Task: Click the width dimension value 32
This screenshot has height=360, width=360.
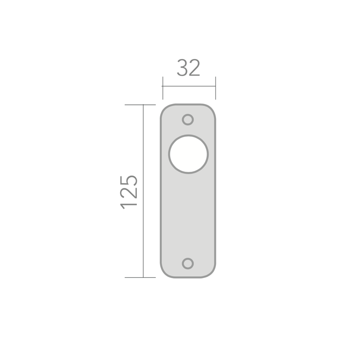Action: [188, 68]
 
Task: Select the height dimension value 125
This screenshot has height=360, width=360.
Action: [130, 191]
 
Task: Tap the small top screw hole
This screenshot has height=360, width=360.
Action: [188, 119]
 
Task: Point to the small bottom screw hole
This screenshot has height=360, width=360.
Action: [188, 263]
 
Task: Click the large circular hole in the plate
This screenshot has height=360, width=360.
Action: [188, 154]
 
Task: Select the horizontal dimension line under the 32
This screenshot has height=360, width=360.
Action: [189, 86]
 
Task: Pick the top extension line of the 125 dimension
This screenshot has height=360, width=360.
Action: [139, 104]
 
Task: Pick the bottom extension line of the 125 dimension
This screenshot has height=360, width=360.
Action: [139, 277]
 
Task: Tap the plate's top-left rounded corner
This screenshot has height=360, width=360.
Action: [165, 109]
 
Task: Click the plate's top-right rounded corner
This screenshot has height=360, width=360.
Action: [212, 109]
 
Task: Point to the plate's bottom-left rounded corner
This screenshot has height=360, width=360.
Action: [165, 273]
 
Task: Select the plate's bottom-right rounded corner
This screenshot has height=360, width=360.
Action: [212, 273]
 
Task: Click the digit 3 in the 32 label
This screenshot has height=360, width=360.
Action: [182, 68]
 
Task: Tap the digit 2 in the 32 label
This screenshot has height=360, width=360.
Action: [194, 68]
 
